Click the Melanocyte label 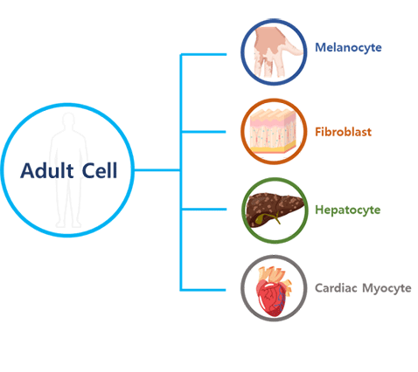tap(348, 47)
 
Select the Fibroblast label tap(343, 132)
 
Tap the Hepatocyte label tap(348, 210)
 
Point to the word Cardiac tap(336, 288)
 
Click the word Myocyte tap(387, 288)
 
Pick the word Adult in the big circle tap(46, 170)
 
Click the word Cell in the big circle tap(100, 170)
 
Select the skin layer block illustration tap(274, 131)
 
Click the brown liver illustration tap(275, 210)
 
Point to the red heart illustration tap(273, 293)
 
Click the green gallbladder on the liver tap(266, 218)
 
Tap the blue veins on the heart tap(281, 299)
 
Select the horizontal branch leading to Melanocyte tap(204, 54)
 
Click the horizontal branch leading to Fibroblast tap(204, 132)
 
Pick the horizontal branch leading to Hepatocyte tap(204, 210)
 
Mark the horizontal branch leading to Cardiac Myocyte tap(204, 290)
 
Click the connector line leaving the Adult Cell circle tap(157, 170)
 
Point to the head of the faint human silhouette tap(68, 121)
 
